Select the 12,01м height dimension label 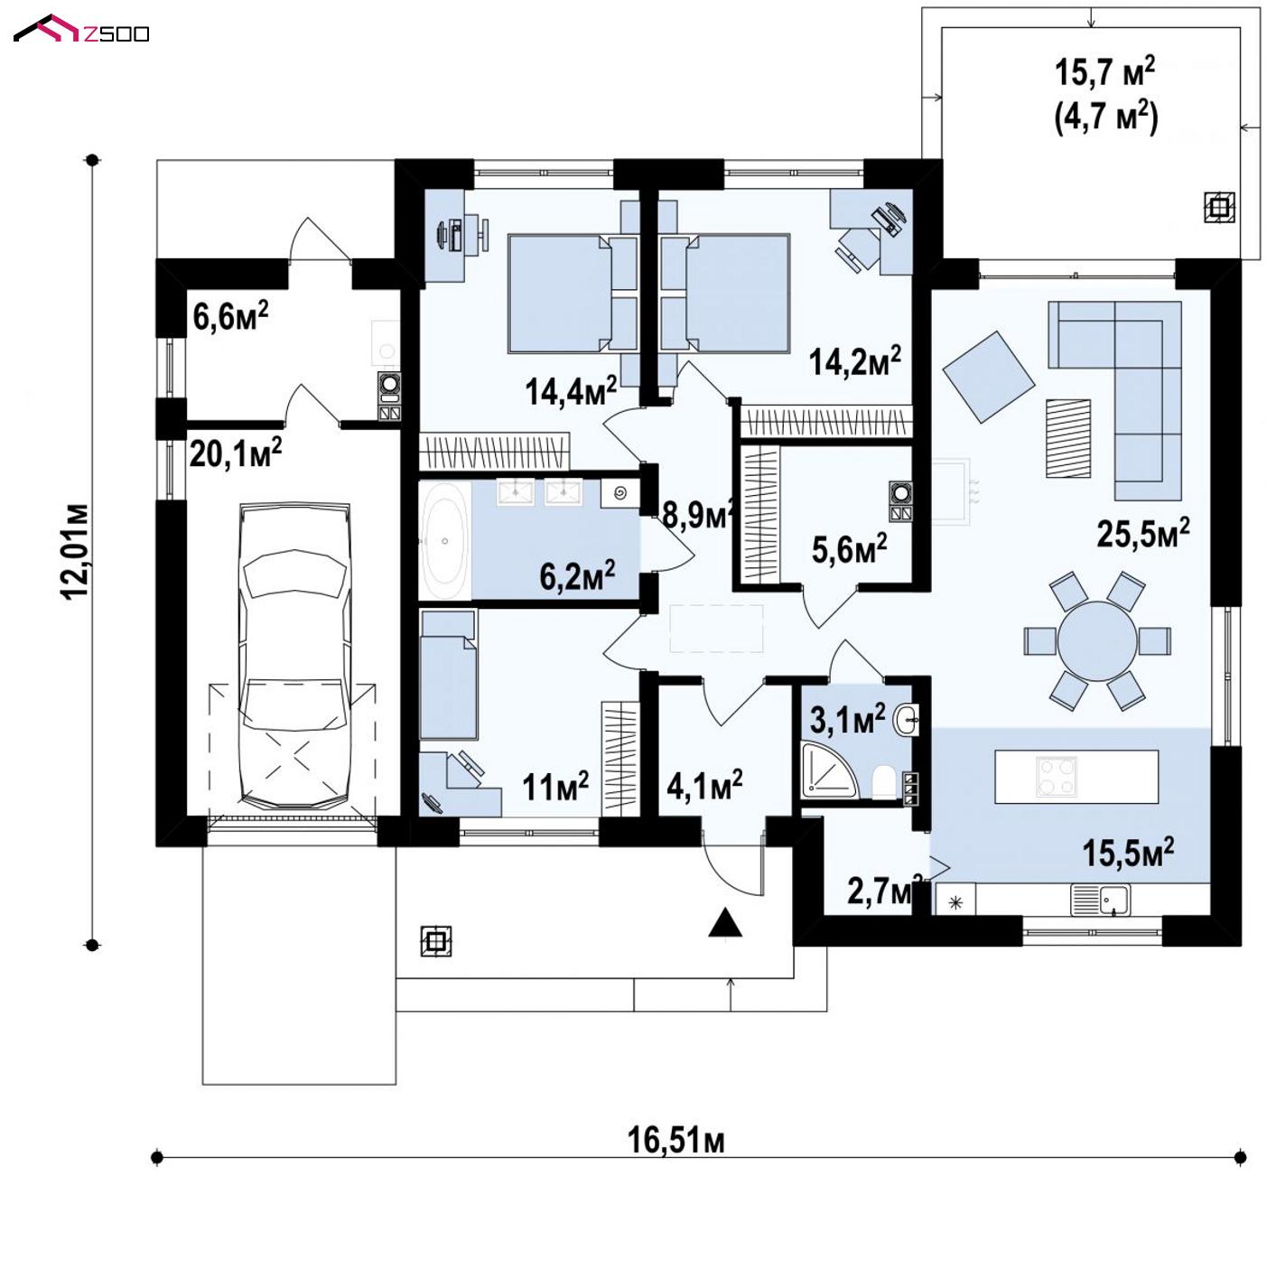(x=75, y=552)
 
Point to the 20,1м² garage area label (x=236, y=453)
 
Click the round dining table (x=1097, y=640)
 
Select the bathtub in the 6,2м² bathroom (x=444, y=541)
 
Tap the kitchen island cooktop (x=1056, y=775)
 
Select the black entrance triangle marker (x=725, y=923)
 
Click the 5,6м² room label (x=850, y=548)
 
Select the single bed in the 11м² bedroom (x=449, y=675)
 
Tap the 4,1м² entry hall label (x=705, y=785)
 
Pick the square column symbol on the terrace (x=1218, y=208)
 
